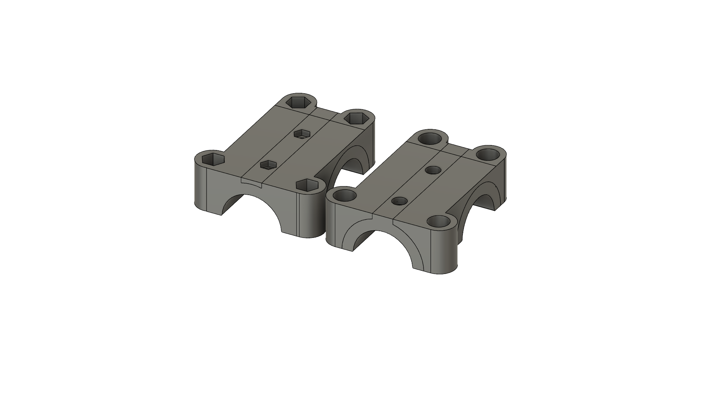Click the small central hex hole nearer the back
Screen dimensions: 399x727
[302, 134]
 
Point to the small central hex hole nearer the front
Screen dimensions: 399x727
[268, 165]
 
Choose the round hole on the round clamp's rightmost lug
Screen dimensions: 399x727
[488, 155]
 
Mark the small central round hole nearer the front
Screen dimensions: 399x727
[400, 201]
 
